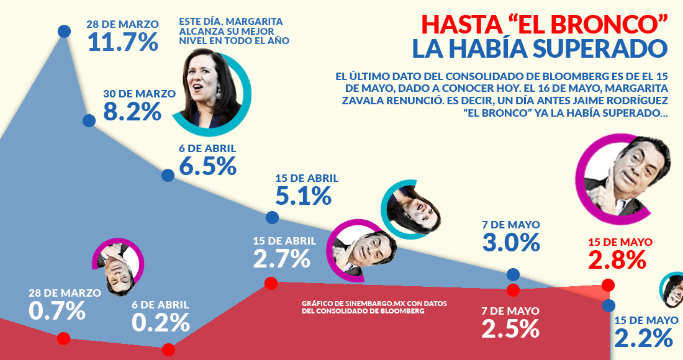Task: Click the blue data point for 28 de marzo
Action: tap(64, 30)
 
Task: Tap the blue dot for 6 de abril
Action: tap(168, 175)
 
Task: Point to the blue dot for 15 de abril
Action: tap(272, 217)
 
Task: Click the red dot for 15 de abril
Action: tap(271, 284)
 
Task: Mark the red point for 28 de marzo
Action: tap(63, 338)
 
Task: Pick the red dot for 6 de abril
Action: tap(168, 350)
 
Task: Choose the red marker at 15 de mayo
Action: tap(608, 286)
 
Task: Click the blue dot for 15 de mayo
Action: tap(608, 305)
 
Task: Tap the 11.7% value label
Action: tap(122, 42)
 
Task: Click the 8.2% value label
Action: tap(132, 112)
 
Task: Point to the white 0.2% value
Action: tap(160, 323)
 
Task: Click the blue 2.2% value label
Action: tap(643, 338)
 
